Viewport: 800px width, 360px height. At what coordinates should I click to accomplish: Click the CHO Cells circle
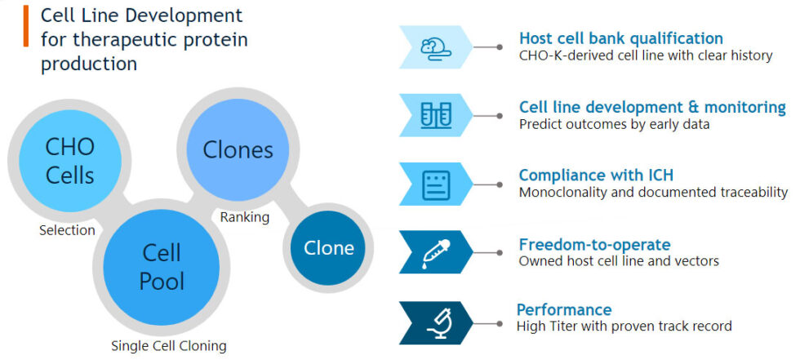(x=69, y=160)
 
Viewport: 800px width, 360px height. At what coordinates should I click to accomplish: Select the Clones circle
(x=238, y=149)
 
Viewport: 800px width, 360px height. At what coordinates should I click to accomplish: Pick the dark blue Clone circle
(x=328, y=248)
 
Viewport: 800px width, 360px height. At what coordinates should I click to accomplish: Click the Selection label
(x=67, y=230)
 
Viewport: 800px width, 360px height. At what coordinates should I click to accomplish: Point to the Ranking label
(x=244, y=217)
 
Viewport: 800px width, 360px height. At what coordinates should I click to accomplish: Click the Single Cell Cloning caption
(x=168, y=345)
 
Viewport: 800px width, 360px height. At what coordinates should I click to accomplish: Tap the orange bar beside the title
(x=25, y=24)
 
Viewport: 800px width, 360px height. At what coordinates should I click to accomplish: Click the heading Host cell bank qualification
(x=620, y=38)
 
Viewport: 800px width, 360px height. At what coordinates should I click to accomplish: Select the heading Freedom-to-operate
(x=594, y=244)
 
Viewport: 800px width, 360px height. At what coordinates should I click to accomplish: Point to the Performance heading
(x=564, y=309)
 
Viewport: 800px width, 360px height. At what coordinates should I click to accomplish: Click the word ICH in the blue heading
(x=656, y=176)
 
